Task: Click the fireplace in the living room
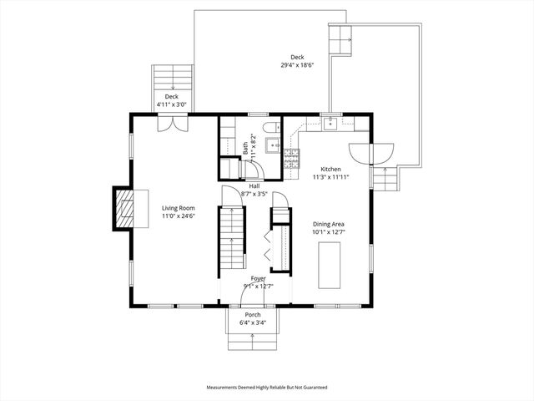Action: tap(123, 208)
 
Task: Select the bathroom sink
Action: tap(275, 146)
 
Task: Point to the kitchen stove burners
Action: tap(292, 155)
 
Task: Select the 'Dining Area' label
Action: tap(329, 224)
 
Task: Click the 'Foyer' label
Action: tap(259, 278)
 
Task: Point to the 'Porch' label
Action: tap(253, 314)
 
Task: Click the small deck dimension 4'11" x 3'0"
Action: tap(172, 105)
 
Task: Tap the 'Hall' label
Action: tap(254, 185)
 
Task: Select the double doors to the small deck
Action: tap(172, 124)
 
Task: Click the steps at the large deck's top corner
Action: tap(340, 39)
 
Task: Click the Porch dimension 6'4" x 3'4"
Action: tap(253, 322)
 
